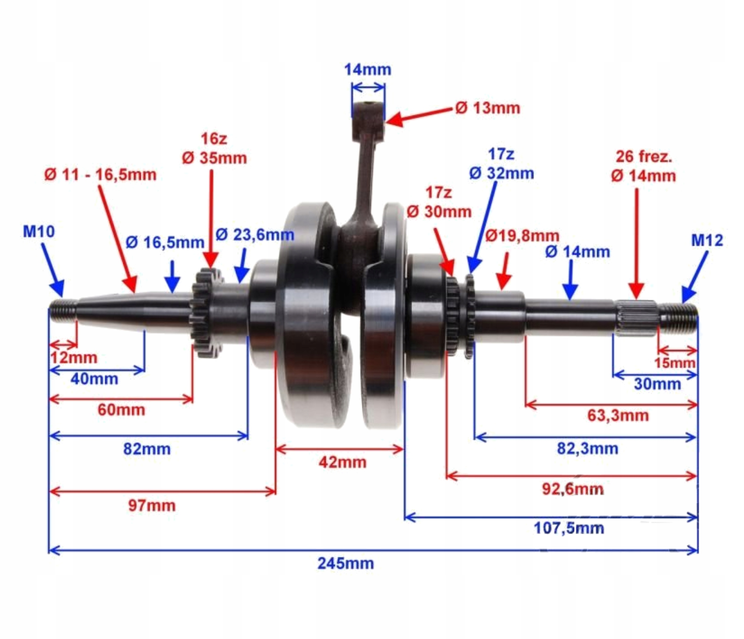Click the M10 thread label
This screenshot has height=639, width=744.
click(x=39, y=232)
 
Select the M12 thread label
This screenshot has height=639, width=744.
click(x=707, y=240)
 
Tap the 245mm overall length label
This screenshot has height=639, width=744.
click(x=346, y=563)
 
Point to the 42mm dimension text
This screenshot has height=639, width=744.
click(x=342, y=462)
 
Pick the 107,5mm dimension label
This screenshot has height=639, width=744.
click(x=569, y=528)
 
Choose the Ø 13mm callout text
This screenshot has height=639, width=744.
click(x=488, y=108)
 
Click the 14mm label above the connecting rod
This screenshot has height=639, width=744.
click(x=368, y=70)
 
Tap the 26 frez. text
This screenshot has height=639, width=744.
click(x=644, y=157)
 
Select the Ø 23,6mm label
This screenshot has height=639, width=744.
click(x=255, y=235)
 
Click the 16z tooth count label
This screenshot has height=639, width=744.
click(x=214, y=139)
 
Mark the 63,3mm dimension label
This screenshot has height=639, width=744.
click(x=618, y=415)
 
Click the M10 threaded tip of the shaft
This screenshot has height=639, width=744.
click(x=62, y=311)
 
